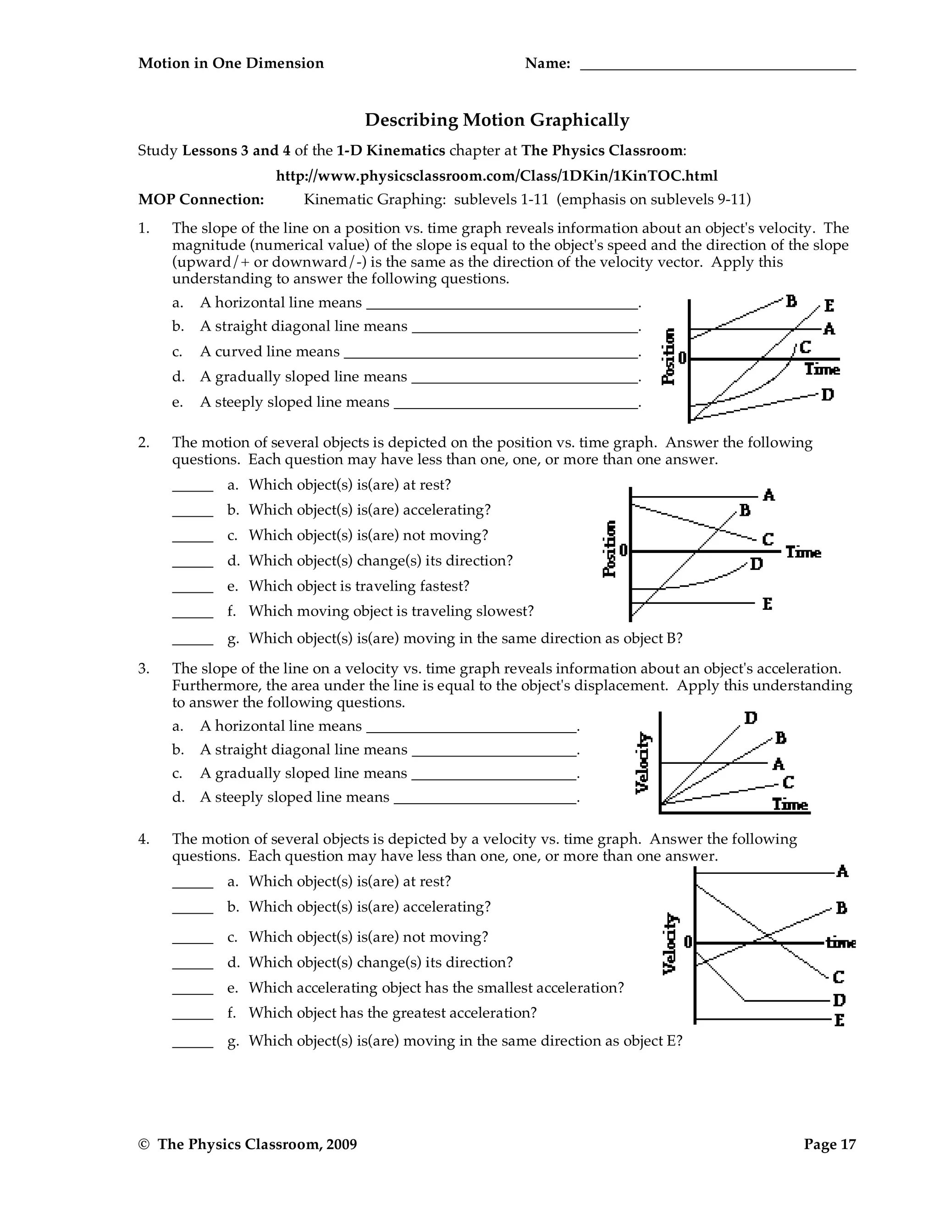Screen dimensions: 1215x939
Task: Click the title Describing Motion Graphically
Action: click(x=497, y=120)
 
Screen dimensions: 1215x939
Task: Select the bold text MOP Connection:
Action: click(x=201, y=199)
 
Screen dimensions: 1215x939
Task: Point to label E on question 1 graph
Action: click(x=829, y=305)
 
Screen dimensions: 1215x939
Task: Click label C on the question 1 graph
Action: click(x=805, y=348)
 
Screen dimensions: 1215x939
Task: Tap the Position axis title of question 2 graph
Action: click(x=610, y=549)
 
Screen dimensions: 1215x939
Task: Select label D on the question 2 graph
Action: click(x=757, y=564)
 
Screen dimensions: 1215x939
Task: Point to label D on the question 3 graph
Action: click(x=751, y=718)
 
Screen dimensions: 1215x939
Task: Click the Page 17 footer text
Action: click(x=829, y=1144)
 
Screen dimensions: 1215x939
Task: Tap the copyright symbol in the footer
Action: click(x=144, y=1144)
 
